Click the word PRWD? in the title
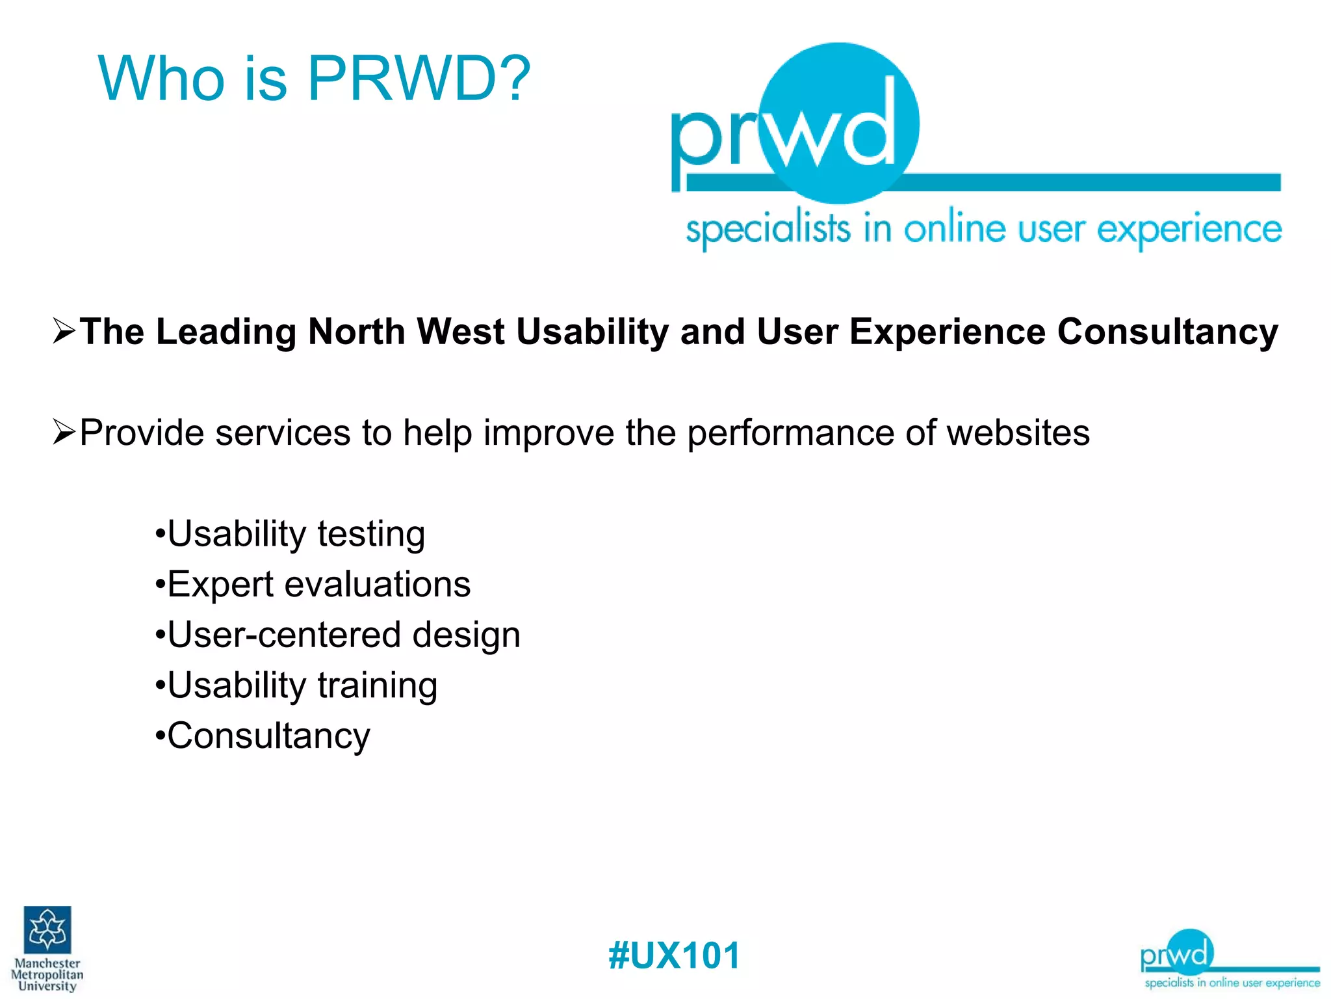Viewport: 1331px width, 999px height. coord(419,79)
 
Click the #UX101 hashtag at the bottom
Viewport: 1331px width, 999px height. coord(674,955)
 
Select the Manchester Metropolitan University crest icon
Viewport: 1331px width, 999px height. coord(47,929)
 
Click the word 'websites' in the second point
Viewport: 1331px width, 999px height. coord(1018,433)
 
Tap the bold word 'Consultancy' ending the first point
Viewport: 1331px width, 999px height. coord(1167,332)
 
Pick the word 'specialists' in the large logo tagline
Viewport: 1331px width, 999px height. coord(768,229)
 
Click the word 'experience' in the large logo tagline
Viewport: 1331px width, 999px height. coord(1189,229)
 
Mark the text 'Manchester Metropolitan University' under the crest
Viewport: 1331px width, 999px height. coord(47,974)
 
